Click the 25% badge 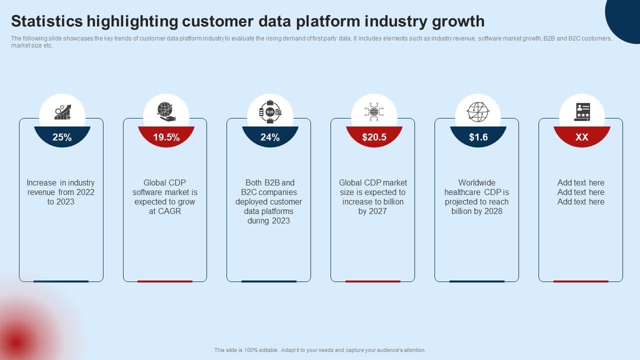(62, 137)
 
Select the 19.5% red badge (166, 137)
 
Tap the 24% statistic (270, 137)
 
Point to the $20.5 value (374, 137)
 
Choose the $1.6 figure (478, 137)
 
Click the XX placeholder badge (581, 137)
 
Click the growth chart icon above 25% (62, 112)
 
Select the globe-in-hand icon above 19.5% (166, 111)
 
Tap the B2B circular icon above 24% (270, 112)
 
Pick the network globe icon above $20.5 (374, 111)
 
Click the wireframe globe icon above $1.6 (478, 111)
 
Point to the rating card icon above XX (582, 111)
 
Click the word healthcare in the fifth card (462, 192)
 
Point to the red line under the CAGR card (165, 281)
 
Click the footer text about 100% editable (320, 350)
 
